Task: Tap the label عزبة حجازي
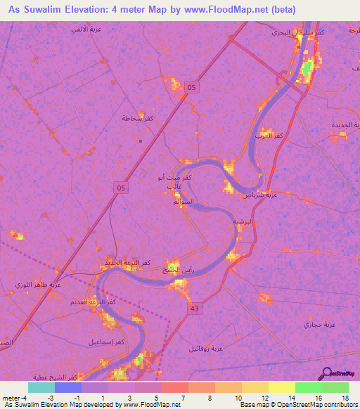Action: [x=315, y=325]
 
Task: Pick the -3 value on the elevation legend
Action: [x=51, y=397]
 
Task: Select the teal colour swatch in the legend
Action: [x=41, y=387]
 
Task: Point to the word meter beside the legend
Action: [x=11, y=397]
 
